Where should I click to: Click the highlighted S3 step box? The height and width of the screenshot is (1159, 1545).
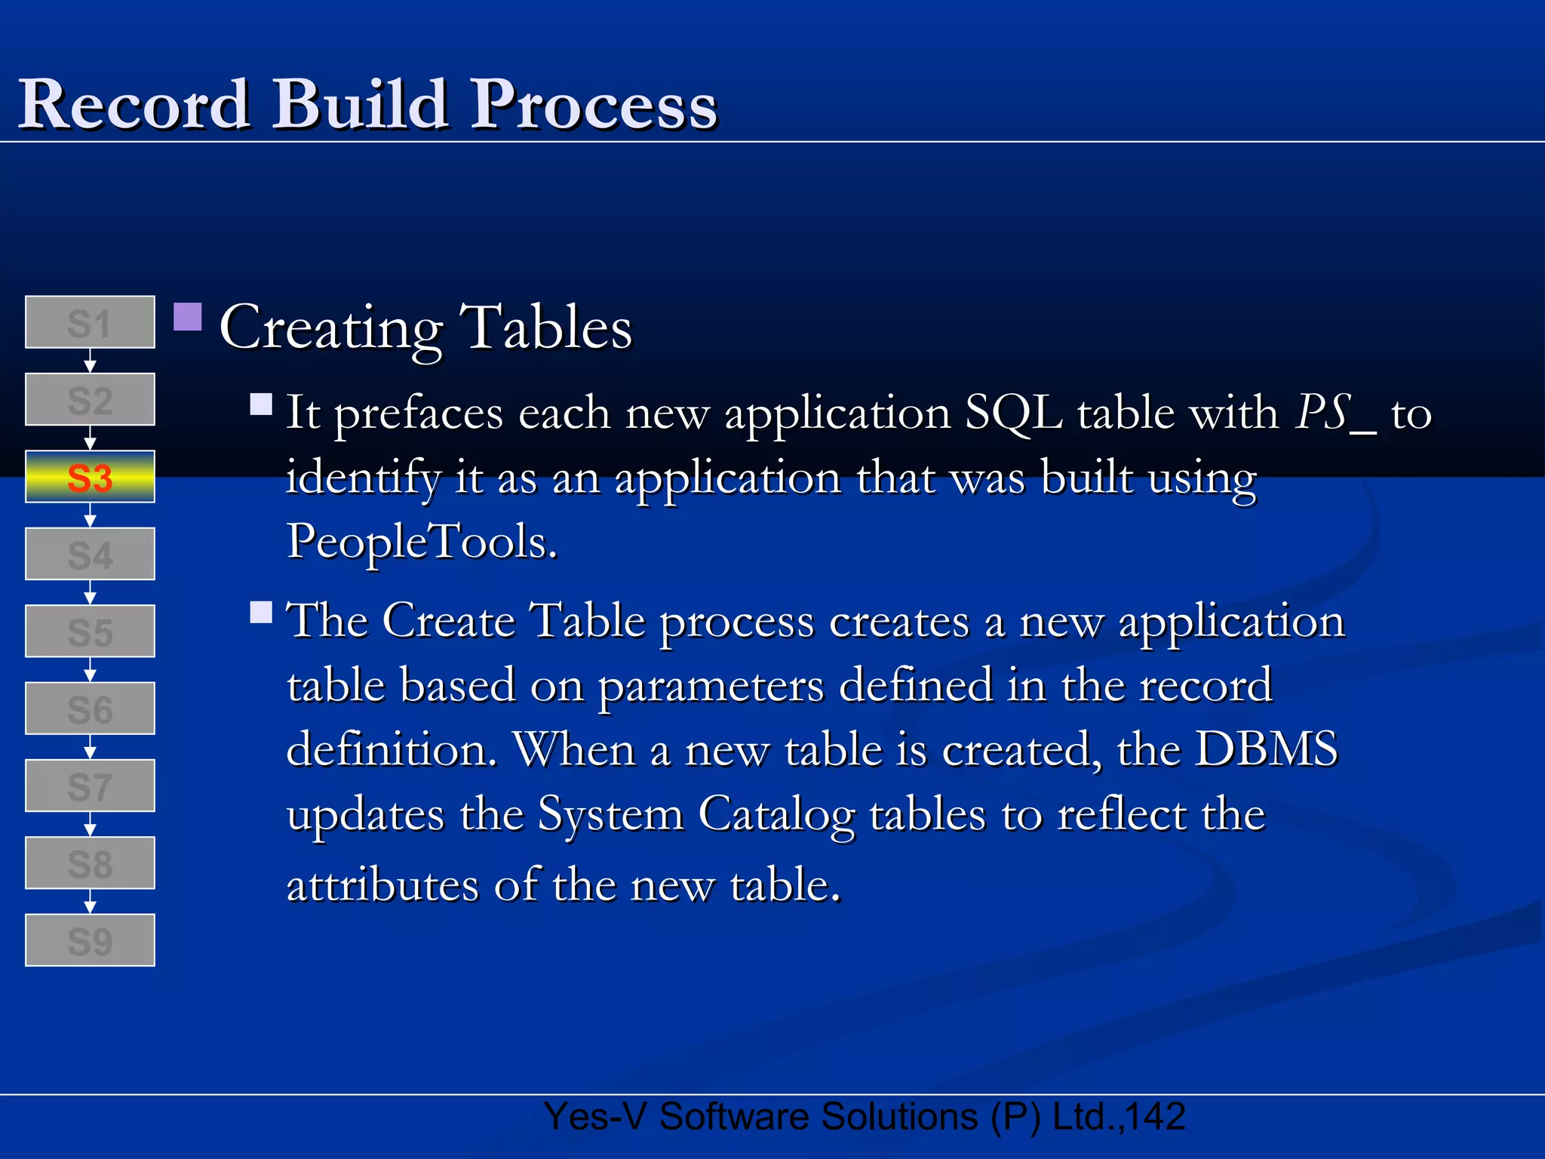coord(90,477)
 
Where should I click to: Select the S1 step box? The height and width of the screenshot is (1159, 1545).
coord(90,322)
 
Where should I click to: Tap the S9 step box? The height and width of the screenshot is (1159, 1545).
coord(90,940)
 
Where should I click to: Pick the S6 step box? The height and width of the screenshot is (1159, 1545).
coord(90,709)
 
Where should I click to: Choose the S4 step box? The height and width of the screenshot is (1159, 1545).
coord(90,554)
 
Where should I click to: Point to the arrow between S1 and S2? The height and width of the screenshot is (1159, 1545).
coord(90,361)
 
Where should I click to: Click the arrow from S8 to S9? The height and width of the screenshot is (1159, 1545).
coord(90,902)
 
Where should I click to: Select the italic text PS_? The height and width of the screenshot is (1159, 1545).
coord(1335,413)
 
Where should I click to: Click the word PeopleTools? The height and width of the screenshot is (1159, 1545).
coord(422,542)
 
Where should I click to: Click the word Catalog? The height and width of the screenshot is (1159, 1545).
coord(776,815)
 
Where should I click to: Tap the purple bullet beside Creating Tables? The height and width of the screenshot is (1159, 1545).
coord(188,318)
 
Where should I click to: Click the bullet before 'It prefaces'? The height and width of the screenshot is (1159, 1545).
coord(261,404)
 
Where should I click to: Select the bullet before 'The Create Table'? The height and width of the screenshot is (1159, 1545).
coord(261,612)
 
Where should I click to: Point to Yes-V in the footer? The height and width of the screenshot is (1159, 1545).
coord(594,1116)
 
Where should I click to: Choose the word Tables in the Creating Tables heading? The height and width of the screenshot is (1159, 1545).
coord(546,328)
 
